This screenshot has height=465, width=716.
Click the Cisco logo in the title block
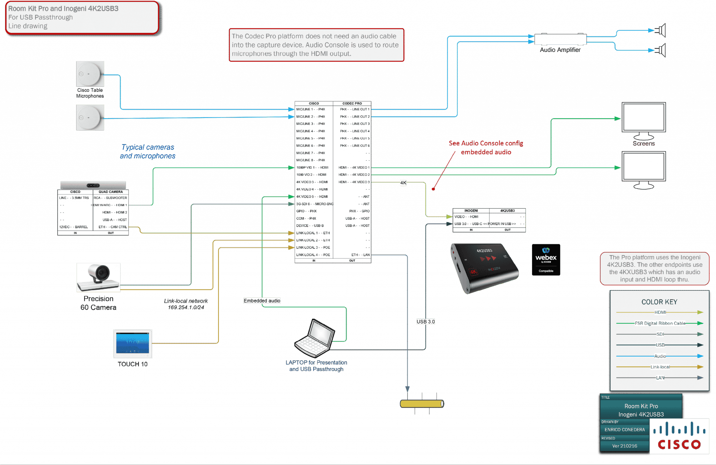(679, 437)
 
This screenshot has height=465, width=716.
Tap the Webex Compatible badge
(546, 260)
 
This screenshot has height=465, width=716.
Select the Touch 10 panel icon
(133, 344)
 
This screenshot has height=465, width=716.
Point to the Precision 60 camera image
(98, 277)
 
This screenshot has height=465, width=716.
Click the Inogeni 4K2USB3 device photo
(485, 268)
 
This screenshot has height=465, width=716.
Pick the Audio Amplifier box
(560, 39)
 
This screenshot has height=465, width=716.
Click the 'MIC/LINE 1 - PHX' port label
(311, 109)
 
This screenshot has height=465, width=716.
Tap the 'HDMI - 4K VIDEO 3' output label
(354, 182)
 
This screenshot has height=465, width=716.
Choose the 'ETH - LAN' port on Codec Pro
(360, 255)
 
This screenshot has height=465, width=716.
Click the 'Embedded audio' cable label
(262, 301)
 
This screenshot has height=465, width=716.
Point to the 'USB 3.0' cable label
(425, 322)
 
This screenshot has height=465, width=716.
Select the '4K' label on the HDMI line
(403, 183)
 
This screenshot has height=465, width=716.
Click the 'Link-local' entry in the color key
(660, 367)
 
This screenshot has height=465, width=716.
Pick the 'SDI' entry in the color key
(660, 334)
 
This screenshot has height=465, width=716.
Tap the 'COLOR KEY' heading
(659, 302)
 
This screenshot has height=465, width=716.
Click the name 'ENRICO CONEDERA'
(624, 430)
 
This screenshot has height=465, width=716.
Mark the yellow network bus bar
(422, 404)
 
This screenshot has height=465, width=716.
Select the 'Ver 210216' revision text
(624, 446)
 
